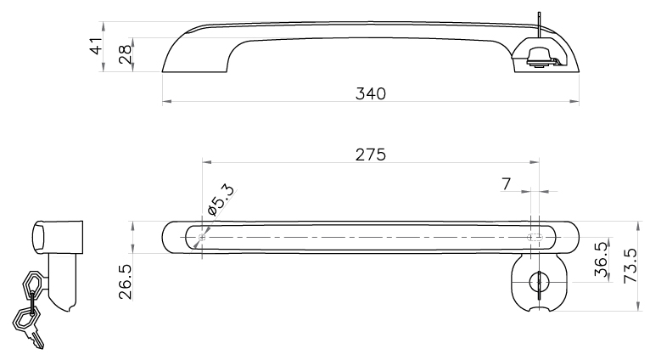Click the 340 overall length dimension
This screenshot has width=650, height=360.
coord(371,93)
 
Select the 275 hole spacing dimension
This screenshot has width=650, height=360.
coord(371,155)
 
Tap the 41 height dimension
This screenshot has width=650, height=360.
coord(96,46)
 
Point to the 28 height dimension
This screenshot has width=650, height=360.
coord(125,54)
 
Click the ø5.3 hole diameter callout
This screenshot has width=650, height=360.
coord(221,200)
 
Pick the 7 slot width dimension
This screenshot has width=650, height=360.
coord(506,183)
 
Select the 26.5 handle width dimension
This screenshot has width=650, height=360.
coord(125,282)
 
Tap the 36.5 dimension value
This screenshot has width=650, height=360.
coord(601,259)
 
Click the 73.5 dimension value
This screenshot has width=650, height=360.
coord(630,266)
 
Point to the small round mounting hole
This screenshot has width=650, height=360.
coord(202,237)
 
